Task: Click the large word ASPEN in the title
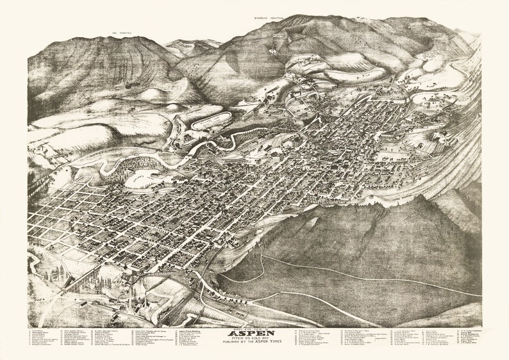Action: tap(254, 333)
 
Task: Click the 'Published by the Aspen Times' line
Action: tap(254, 344)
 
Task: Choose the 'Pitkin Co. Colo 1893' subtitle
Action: tap(254, 339)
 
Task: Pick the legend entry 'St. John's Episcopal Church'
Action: tap(106, 331)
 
